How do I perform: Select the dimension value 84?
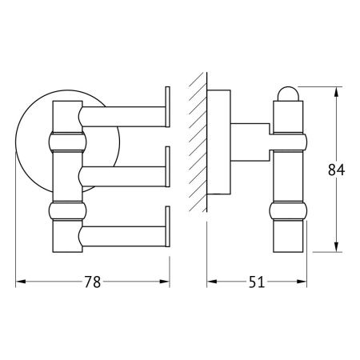coord(344,170)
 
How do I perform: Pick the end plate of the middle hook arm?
coord(167,166)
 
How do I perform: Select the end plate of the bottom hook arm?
coord(167,227)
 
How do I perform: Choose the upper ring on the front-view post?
coord(67,144)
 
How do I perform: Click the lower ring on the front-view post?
coord(67,212)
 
